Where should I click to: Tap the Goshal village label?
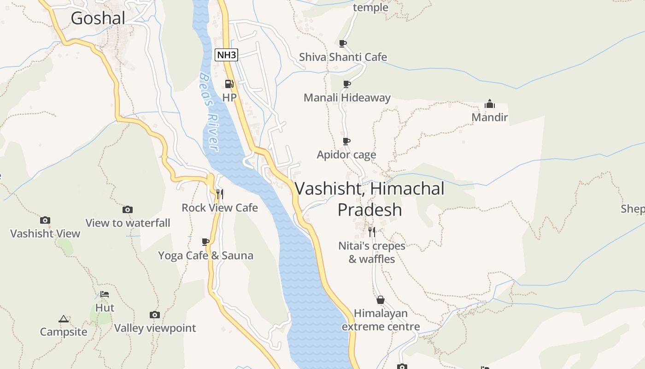point(98,18)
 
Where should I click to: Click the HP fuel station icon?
point(229,84)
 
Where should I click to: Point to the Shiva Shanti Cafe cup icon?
point(342,43)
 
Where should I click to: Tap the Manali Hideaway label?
point(347,98)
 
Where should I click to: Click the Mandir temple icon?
point(489,103)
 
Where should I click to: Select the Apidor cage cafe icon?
point(346,141)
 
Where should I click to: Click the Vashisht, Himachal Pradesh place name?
point(369,199)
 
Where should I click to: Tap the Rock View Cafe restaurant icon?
point(220,194)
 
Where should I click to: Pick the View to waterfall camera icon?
point(128,210)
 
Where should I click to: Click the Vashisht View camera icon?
point(45,220)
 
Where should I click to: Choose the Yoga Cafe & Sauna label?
point(205,256)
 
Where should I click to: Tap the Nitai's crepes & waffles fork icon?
point(372,232)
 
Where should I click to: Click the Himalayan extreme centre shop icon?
point(381,300)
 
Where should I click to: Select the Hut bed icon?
point(105,294)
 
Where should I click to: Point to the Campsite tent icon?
point(63,319)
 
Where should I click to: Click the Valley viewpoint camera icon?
point(155,315)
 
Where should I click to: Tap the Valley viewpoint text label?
point(155,328)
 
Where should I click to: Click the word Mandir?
point(489,117)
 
